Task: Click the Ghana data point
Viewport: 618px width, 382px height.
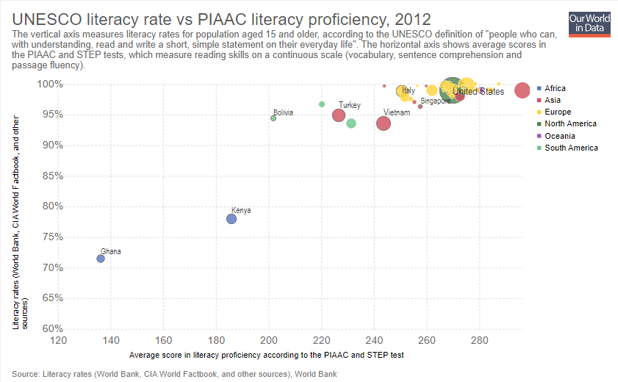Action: point(101,259)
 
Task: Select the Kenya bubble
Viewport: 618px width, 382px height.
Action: point(231,219)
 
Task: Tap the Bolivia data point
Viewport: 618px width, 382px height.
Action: point(273,118)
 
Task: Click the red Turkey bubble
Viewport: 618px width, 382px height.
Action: point(339,115)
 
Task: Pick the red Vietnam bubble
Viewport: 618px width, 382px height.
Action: point(384,123)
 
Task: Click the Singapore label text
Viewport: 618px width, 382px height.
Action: point(435,101)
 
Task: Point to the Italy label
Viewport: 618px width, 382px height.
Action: point(409,90)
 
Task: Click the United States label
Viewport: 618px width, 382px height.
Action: point(478,91)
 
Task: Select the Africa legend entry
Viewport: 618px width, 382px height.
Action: point(556,88)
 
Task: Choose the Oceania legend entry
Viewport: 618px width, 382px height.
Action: point(559,136)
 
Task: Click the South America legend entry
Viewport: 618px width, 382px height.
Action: point(570,148)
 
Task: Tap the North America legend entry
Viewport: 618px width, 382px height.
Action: point(570,124)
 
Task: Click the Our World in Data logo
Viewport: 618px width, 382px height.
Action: point(589,24)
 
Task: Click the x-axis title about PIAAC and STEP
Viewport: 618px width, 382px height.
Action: point(266,355)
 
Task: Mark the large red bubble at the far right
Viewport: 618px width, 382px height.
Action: point(522,90)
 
